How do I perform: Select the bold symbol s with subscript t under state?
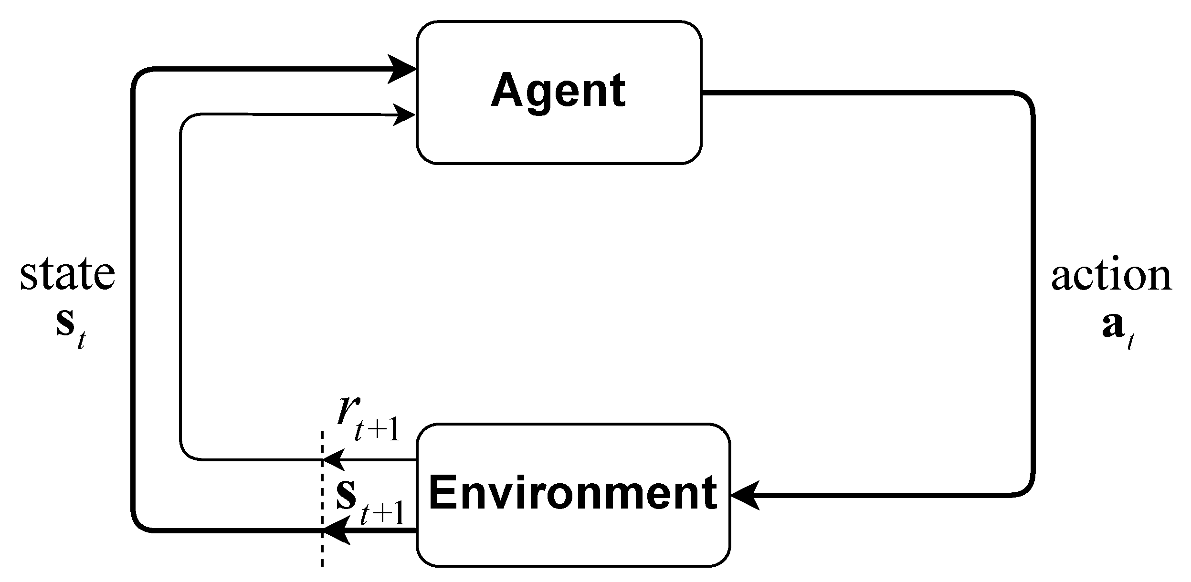(70, 326)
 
